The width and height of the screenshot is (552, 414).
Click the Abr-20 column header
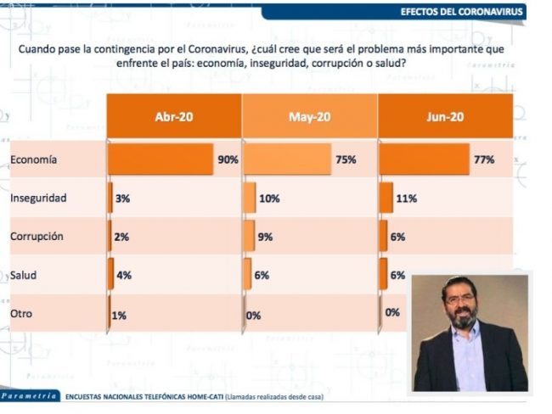coord(174,116)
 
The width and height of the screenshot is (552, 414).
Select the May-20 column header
coord(309,116)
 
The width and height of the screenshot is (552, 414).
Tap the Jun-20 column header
coord(445,116)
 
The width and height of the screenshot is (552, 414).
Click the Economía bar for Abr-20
coord(161,159)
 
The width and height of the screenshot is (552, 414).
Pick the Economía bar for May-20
coord(287,159)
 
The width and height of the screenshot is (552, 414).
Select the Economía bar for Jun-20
coord(425,159)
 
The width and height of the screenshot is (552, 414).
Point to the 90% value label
coord(228,159)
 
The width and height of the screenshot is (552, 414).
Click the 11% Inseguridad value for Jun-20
coord(407,199)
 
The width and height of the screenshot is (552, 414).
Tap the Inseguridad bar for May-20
coord(250,198)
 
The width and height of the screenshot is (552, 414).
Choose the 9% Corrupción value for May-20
coord(265,237)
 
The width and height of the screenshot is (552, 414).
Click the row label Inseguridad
coord(38,198)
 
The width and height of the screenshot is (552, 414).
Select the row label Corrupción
coord(37,237)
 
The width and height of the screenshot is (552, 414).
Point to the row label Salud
coord(23,275)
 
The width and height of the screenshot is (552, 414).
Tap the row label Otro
coord(21,313)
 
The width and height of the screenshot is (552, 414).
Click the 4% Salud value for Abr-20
coord(124,275)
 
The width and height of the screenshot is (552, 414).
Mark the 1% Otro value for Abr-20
coord(119,316)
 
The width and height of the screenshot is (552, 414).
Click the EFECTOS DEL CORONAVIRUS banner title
coord(461,12)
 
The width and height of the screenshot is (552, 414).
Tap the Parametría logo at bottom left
coord(29,396)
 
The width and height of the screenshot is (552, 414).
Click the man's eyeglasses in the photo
coord(460,299)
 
